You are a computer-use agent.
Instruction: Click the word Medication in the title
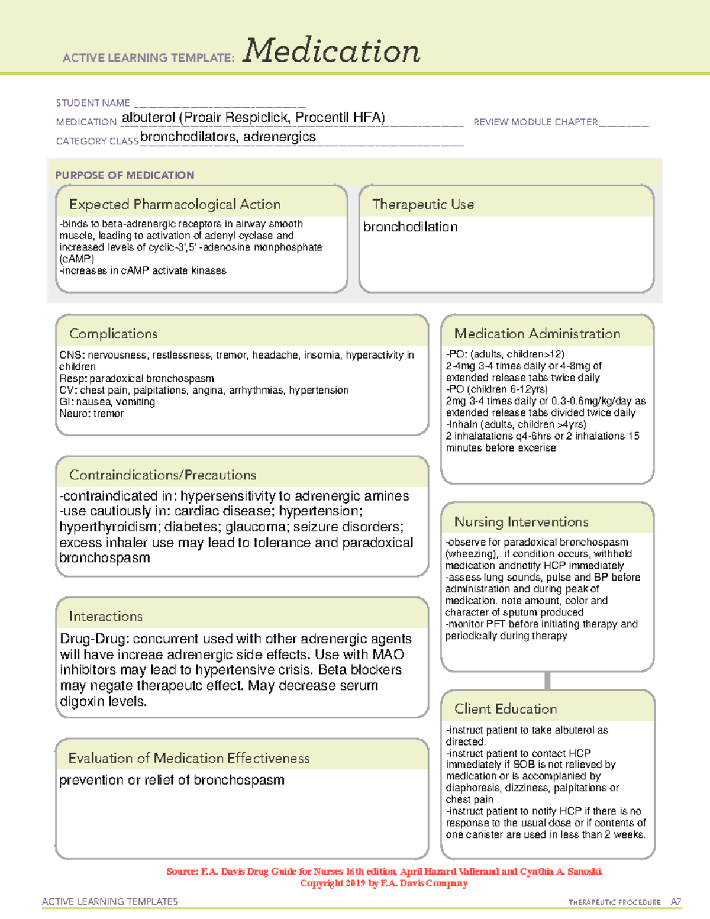(x=331, y=51)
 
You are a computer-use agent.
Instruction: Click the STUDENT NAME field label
(x=93, y=103)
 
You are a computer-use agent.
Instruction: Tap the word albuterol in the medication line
(x=149, y=118)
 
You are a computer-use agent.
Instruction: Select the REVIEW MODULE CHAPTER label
(x=535, y=122)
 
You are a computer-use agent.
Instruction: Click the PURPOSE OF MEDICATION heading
(x=125, y=175)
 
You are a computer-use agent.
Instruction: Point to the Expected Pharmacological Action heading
(x=175, y=205)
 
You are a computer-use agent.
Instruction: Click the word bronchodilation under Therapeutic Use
(x=410, y=227)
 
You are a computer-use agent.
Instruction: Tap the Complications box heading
(x=114, y=334)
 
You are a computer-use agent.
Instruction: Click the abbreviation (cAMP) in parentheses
(x=77, y=259)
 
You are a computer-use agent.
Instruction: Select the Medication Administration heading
(x=537, y=334)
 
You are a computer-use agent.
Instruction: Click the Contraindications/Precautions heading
(x=163, y=475)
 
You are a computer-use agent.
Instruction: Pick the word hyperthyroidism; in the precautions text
(x=109, y=527)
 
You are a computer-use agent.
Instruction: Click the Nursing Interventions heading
(x=521, y=522)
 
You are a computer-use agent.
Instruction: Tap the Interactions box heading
(x=106, y=617)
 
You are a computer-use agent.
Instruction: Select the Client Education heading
(x=506, y=709)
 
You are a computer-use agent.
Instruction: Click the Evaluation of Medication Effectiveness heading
(x=189, y=759)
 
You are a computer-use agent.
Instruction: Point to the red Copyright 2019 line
(x=384, y=883)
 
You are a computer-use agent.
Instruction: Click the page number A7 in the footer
(x=676, y=902)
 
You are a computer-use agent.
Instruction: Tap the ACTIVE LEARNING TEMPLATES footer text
(x=110, y=901)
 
